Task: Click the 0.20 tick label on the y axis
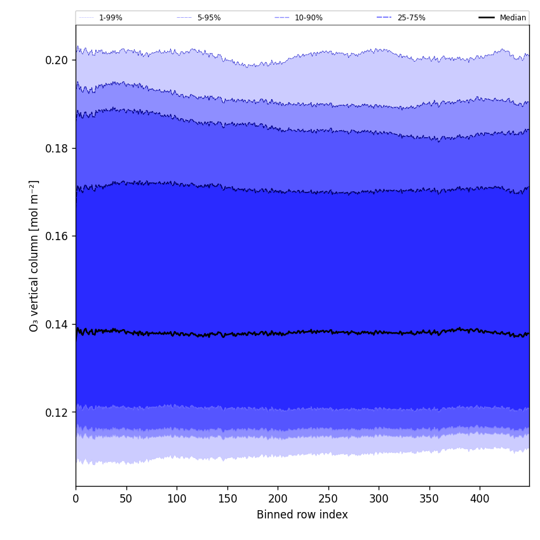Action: [57, 60]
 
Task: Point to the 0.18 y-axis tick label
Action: [57, 148]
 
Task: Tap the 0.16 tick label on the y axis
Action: [57, 236]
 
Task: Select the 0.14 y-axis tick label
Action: [57, 324]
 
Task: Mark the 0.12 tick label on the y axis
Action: [57, 412]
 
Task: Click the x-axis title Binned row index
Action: [302, 515]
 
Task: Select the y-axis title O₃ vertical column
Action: [34, 255]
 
